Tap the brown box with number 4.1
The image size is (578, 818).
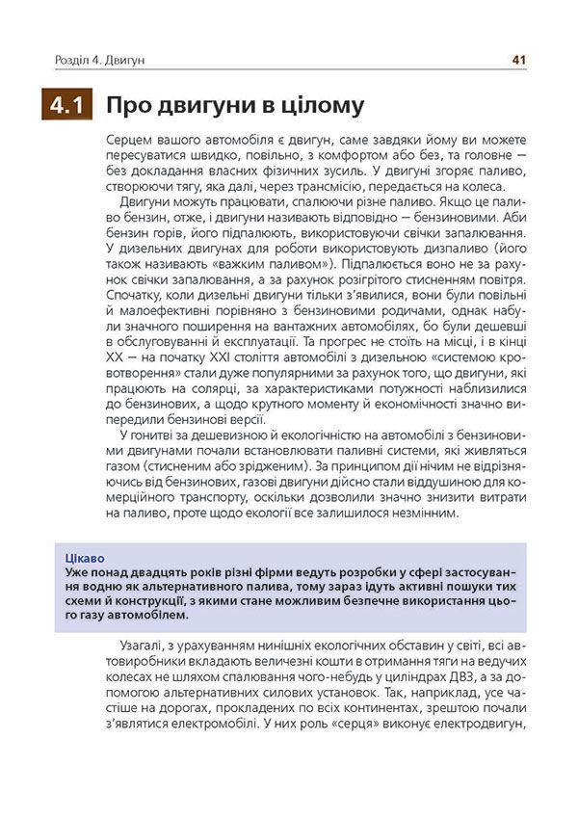click(x=66, y=105)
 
